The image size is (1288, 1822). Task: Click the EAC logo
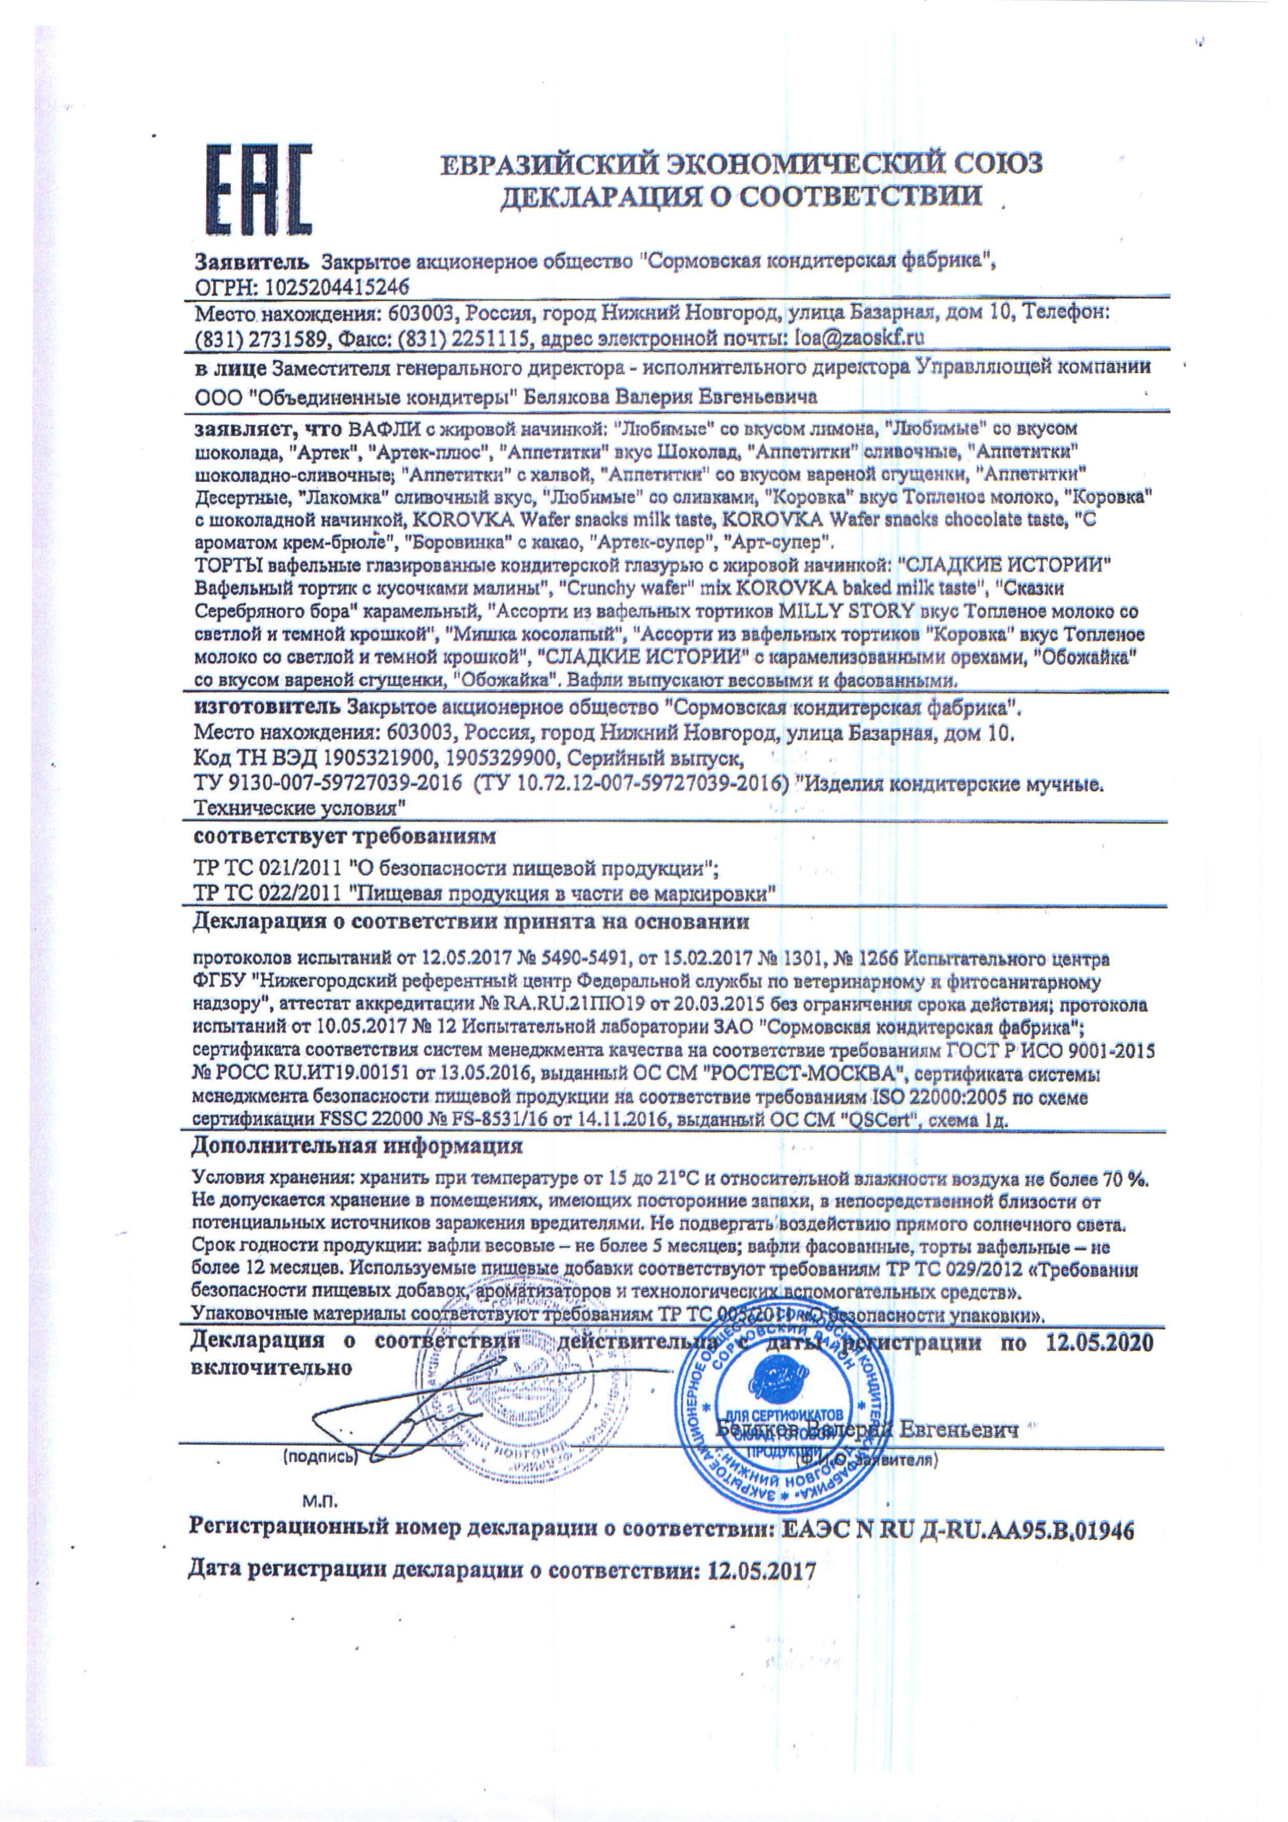(258, 192)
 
